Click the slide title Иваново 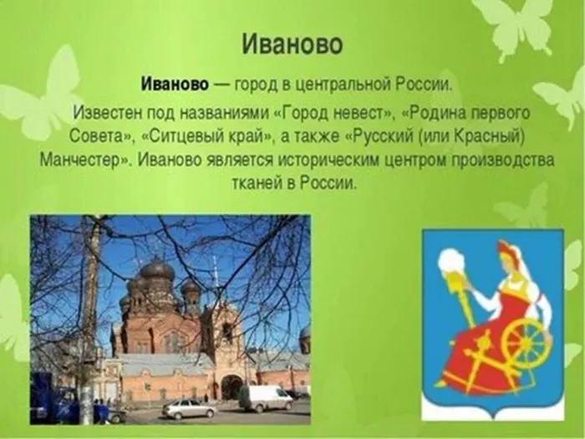292,45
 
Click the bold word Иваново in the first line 175,84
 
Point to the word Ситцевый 186,135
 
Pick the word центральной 341,85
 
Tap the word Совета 98,136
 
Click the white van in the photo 266,398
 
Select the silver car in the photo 190,409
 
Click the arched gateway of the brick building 231,387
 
